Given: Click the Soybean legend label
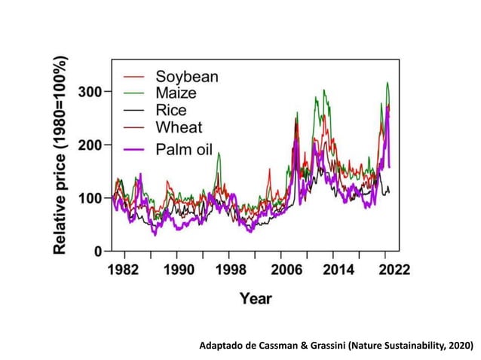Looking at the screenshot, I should pyautogui.click(x=187, y=77).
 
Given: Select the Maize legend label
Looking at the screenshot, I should pyautogui.click(x=176, y=93).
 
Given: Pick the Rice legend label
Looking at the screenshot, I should pyautogui.click(x=173, y=110).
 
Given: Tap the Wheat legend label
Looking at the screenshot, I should pyautogui.click(x=179, y=127).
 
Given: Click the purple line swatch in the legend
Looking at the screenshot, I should pyautogui.click(x=133, y=147).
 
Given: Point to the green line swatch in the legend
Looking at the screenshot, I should pyautogui.click(x=133, y=93).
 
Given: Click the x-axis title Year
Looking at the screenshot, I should pyautogui.click(x=256, y=298).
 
